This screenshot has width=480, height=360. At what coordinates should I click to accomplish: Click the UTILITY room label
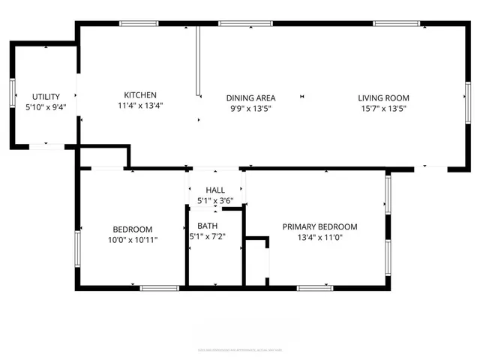pos(45,97)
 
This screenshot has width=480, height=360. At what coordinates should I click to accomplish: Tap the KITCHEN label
pos(140,94)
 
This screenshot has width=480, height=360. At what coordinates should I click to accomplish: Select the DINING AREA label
pos(251,97)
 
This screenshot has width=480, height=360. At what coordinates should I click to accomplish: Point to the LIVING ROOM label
pos(383,97)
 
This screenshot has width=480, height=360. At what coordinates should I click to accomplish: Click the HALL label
pos(216,190)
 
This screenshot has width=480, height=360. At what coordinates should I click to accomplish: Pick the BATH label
pos(208,226)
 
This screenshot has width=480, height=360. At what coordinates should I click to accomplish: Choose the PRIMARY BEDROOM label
pos(319,226)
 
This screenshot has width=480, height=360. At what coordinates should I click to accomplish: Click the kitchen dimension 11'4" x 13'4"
pos(140,106)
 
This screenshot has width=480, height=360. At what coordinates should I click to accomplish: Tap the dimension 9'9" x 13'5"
pos(251,108)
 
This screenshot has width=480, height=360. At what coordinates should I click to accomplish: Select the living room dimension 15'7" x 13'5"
pos(383,108)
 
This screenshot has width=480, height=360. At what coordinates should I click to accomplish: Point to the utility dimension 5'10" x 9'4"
pos(45,107)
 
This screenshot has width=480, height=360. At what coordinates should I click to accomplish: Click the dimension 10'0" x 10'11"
pos(133,239)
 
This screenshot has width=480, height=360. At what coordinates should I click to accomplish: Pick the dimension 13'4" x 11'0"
pos(319,237)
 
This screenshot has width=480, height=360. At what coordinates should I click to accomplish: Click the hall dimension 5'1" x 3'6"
pos(216,201)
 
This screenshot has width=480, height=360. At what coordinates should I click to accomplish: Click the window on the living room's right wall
pos(467,97)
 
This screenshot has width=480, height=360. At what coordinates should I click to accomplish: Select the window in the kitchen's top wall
pos(139,24)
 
